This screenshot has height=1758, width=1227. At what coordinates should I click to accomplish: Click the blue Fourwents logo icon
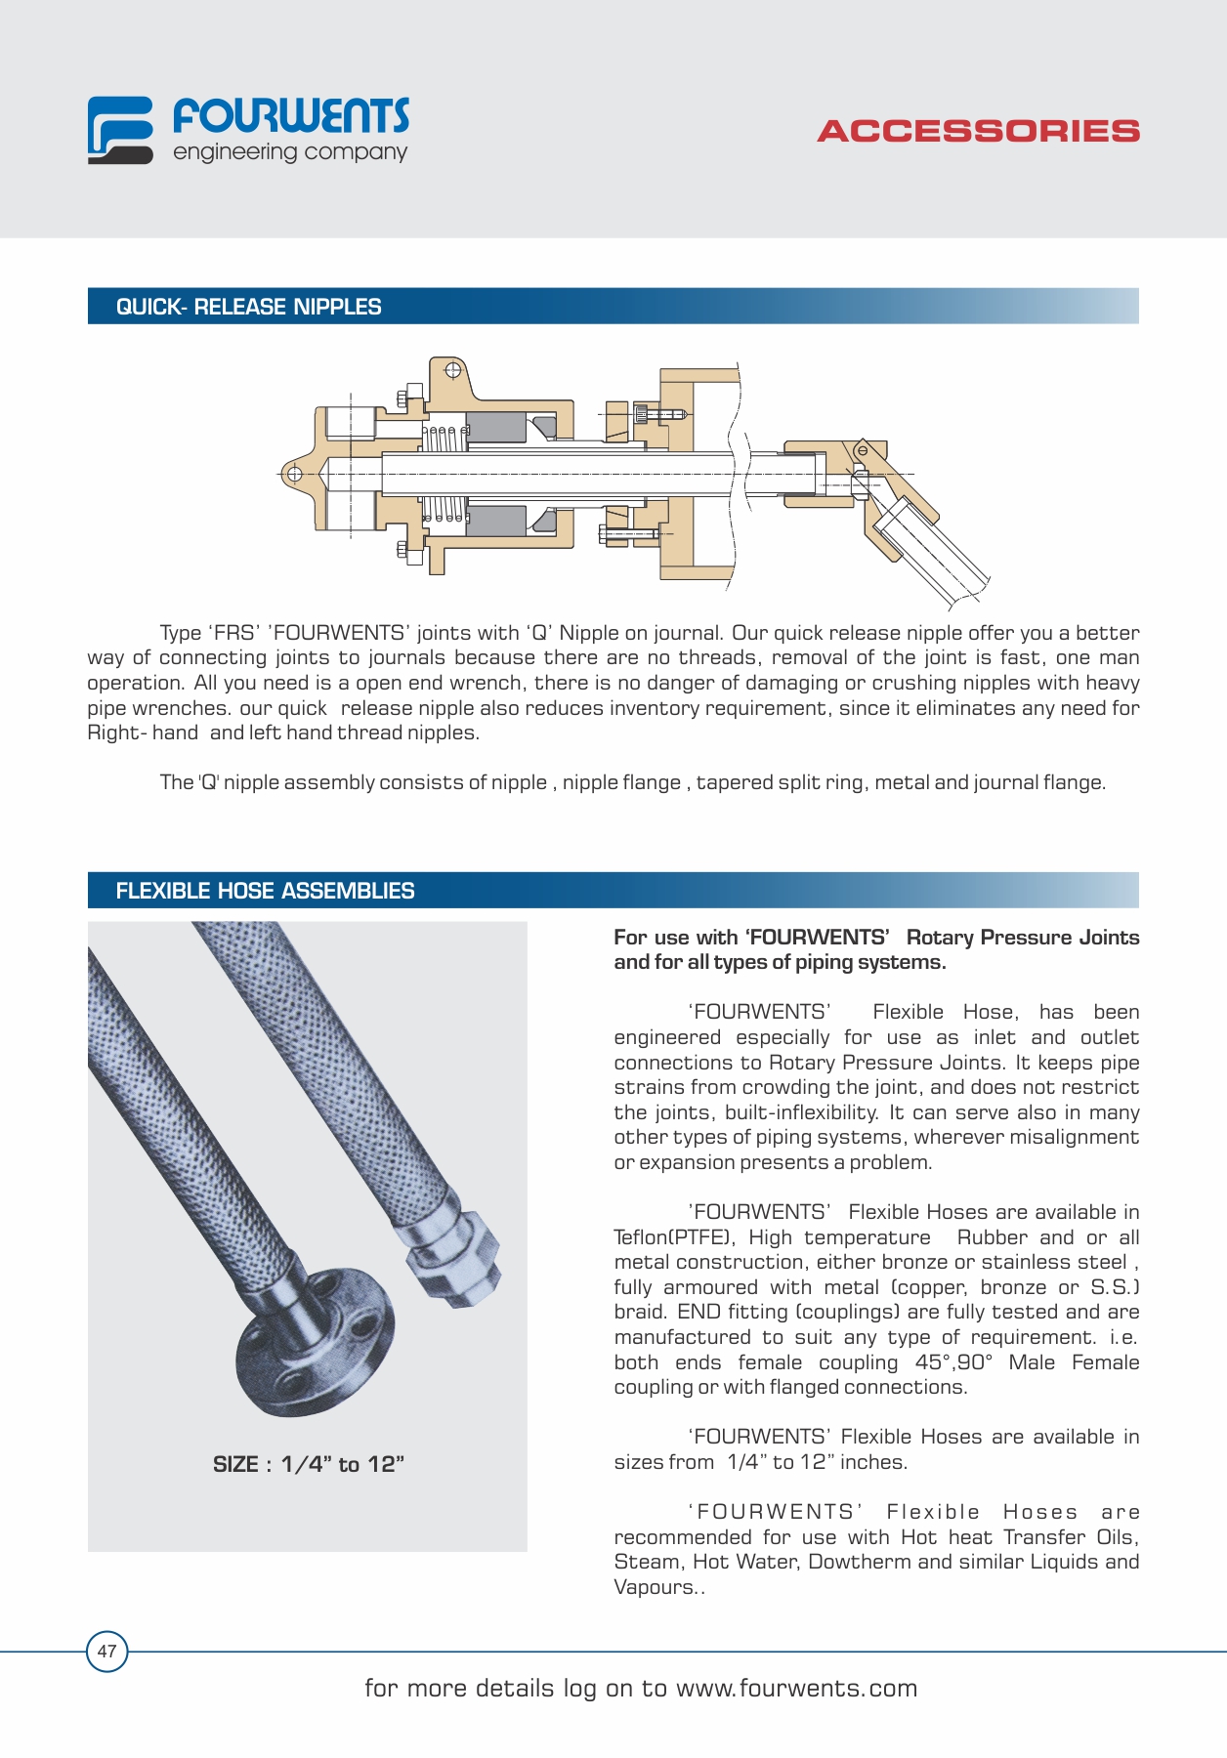click(120, 130)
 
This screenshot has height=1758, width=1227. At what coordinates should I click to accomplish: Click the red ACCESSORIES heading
click(978, 132)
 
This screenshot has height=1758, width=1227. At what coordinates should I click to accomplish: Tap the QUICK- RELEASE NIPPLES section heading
click(248, 307)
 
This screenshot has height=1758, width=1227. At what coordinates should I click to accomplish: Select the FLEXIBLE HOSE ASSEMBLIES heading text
click(265, 891)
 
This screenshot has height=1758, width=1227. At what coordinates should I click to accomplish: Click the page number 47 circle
click(106, 1651)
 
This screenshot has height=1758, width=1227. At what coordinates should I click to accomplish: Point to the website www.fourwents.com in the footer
click(796, 1689)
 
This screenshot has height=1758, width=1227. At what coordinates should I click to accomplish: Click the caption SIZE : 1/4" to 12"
click(308, 1464)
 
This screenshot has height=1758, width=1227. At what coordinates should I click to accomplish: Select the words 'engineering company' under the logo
click(290, 153)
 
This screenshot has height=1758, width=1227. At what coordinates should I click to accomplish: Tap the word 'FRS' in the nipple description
click(233, 633)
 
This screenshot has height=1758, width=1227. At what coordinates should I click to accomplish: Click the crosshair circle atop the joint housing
click(452, 370)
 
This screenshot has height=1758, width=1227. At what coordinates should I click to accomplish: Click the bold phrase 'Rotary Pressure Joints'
click(1022, 938)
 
